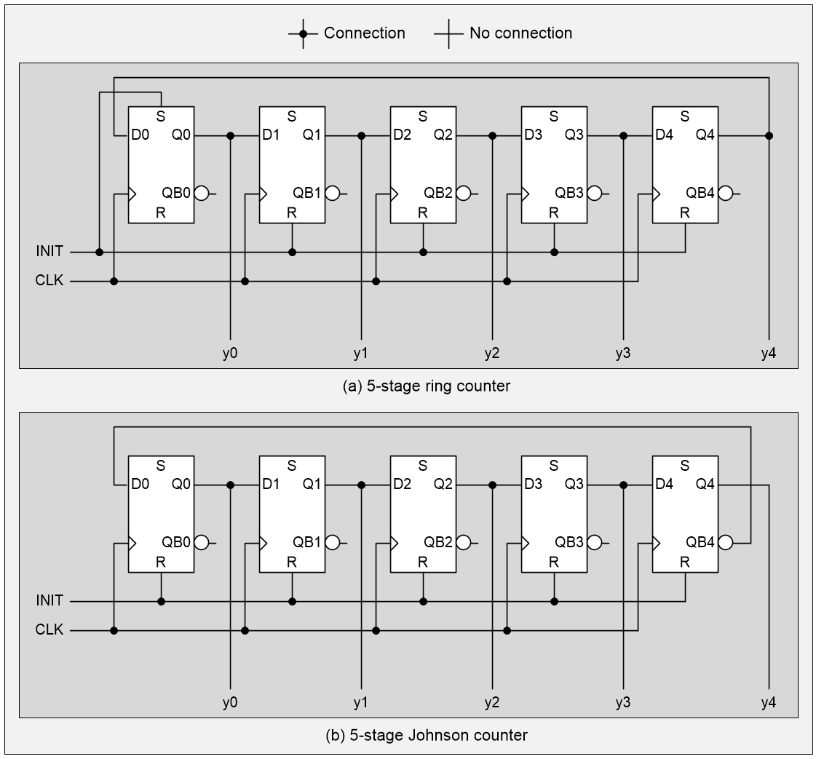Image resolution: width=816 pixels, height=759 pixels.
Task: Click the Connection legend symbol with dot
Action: click(304, 33)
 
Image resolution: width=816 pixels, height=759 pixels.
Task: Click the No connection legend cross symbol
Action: click(449, 33)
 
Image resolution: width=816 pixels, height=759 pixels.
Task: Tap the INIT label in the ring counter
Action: click(49, 252)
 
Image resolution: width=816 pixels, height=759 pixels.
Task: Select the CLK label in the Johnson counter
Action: click(49, 630)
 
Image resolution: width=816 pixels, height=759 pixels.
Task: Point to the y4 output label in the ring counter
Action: click(768, 354)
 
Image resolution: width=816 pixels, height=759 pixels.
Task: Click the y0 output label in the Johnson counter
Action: click(230, 703)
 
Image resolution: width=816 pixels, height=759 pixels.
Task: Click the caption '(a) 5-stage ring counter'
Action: click(426, 386)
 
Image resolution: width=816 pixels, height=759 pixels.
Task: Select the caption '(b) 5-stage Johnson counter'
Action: click(426, 736)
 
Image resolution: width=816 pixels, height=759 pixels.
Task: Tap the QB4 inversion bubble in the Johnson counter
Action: click(725, 543)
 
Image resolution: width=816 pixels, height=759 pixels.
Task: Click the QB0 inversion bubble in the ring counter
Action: click(201, 194)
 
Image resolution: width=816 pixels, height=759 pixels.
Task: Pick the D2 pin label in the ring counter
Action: click(402, 135)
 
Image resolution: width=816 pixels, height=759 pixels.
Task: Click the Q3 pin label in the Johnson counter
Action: click(574, 485)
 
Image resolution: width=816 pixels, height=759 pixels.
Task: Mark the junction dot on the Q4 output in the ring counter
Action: click(769, 135)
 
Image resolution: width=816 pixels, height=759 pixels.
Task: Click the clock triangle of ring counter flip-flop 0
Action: click(132, 194)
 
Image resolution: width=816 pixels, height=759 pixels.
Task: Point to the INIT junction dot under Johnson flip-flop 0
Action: click(161, 601)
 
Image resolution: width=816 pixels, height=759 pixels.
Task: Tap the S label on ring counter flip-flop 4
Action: click(684, 116)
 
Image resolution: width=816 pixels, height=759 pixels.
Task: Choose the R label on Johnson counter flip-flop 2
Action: click(422, 563)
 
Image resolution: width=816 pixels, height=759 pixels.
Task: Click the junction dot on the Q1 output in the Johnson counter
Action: click(362, 485)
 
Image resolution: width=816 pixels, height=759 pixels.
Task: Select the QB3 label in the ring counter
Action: click(569, 194)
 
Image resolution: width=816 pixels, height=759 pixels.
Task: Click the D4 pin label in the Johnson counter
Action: click(664, 485)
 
